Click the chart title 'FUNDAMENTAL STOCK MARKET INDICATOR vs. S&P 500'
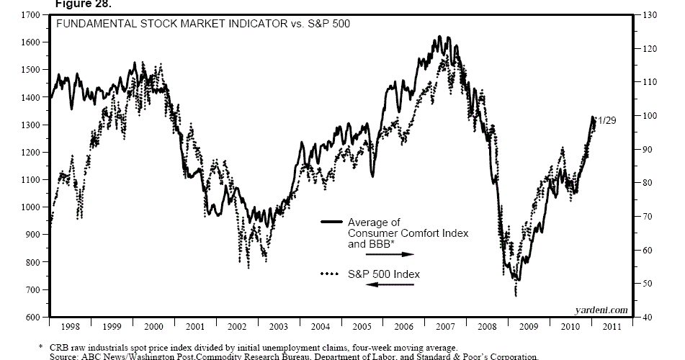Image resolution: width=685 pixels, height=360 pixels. pyautogui.click(x=189, y=24)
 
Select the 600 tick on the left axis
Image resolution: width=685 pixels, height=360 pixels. pyautogui.click(x=32, y=318)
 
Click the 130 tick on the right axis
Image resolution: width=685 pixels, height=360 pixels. pyautogui.click(x=648, y=15)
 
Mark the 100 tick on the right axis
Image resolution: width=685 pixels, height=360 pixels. pyautogui.click(x=648, y=116)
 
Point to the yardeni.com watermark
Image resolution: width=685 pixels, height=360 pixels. pyautogui.click(x=601, y=310)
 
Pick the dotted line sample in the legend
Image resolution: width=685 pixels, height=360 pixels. pyautogui.click(x=330, y=274)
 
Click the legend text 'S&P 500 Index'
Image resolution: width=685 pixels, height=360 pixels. pyautogui.click(x=384, y=274)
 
